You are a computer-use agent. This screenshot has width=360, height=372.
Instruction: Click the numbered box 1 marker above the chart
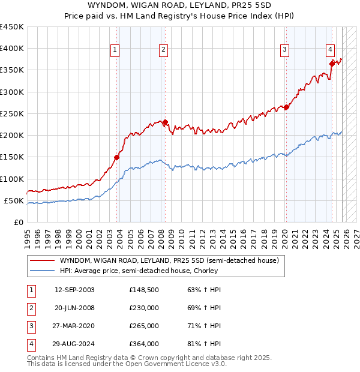click(115, 50)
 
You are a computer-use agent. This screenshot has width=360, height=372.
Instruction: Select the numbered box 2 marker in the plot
click(163, 50)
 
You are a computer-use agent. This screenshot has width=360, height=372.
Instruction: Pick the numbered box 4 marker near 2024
click(331, 50)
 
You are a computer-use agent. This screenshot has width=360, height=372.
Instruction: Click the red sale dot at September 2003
click(117, 157)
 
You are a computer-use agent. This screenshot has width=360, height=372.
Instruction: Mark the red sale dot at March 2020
click(286, 107)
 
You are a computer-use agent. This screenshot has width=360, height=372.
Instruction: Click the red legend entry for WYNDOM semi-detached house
click(169, 261)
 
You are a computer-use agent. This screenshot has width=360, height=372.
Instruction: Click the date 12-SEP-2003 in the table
click(74, 290)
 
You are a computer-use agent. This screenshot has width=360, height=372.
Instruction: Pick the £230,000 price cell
click(143, 308)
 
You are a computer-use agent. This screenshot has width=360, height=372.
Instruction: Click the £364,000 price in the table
click(143, 344)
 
